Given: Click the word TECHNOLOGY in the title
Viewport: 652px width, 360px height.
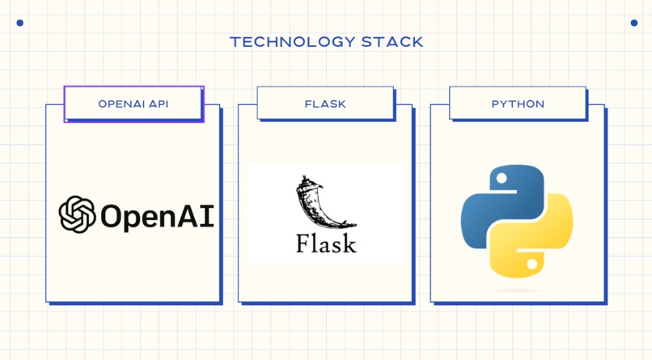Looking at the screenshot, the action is [x=292, y=42].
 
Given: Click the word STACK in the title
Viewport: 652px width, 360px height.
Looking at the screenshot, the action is [x=392, y=42].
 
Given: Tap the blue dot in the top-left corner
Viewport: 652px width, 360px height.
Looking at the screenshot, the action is [x=20, y=23].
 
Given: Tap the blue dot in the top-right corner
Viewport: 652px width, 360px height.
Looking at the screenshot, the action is [x=634, y=23].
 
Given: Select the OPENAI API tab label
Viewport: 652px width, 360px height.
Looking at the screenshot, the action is [x=133, y=104].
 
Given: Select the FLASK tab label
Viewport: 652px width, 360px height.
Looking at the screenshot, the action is [x=325, y=104].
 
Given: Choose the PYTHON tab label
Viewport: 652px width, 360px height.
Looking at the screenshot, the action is [x=518, y=104].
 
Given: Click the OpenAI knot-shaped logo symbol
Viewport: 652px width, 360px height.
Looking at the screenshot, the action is [x=77, y=214].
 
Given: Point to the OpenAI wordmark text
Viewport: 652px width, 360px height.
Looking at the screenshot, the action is [x=157, y=216].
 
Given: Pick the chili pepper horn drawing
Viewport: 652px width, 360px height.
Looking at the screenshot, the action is [x=325, y=201].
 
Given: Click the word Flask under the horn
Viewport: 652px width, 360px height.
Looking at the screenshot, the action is [x=326, y=244].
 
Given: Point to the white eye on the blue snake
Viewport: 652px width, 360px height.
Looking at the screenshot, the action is [x=502, y=178].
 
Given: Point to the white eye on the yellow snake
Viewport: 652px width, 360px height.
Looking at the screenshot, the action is [x=531, y=264].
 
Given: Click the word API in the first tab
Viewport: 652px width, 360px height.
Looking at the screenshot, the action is [x=159, y=104].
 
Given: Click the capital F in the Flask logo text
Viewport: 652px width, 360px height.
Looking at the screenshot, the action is [x=303, y=244].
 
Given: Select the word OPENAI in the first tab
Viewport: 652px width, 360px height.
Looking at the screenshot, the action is [x=121, y=104].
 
